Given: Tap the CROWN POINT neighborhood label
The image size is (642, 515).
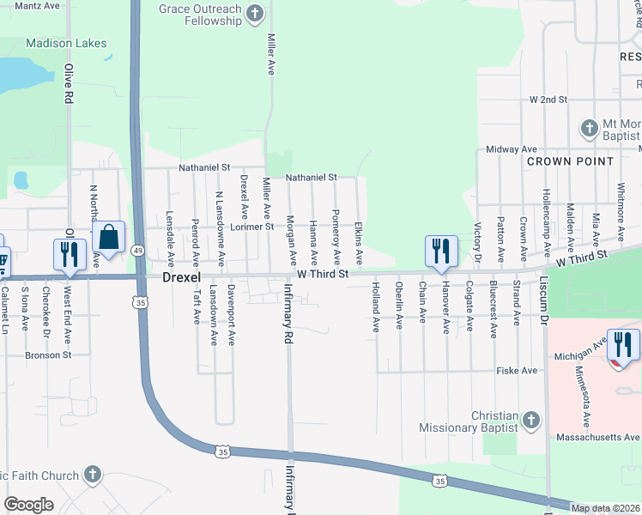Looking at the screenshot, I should (x=570, y=161).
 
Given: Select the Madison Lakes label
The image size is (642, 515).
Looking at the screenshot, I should (x=66, y=43).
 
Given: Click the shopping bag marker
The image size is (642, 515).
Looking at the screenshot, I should (x=110, y=238).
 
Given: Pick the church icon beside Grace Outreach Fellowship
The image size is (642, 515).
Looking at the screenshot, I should (x=254, y=14).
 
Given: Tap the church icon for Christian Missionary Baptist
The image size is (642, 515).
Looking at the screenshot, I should (x=531, y=420).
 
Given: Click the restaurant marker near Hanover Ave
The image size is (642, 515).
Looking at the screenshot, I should (x=439, y=251).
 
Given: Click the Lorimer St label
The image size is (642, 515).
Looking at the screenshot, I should (x=251, y=227).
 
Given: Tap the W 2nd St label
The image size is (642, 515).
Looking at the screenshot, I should (x=548, y=100).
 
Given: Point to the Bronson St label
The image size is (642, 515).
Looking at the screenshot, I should (x=48, y=354).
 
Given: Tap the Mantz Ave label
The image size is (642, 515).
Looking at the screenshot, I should (x=37, y=5).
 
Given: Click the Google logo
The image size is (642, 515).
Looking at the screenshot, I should (x=28, y=504).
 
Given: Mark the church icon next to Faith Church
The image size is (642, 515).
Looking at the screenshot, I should (x=93, y=475).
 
